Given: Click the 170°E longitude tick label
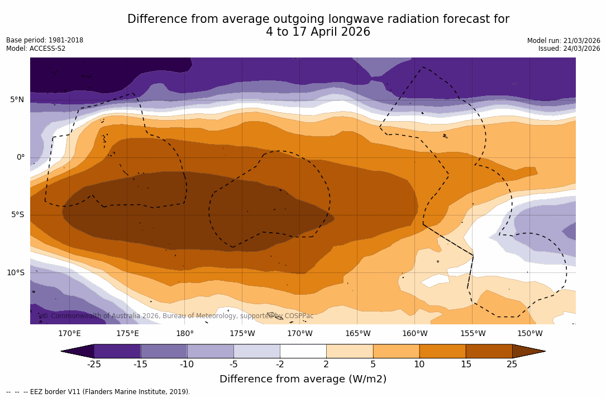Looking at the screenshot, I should click(x=69, y=334).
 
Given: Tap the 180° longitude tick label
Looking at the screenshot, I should click(x=185, y=334).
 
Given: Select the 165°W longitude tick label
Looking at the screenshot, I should click(x=357, y=334).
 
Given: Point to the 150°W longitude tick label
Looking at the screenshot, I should click(x=529, y=334).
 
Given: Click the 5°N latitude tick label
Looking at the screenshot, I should click(x=17, y=100).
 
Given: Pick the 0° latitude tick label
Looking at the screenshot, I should click(x=21, y=157).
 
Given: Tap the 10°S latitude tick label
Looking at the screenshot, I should click(x=15, y=273).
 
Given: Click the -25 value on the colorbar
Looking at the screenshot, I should click(x=94, y=365).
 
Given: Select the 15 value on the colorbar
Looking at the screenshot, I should click(x=465, y=365).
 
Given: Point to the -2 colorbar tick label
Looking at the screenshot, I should click(x=280, y=365).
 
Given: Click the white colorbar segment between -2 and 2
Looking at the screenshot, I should click(x=303, y=351).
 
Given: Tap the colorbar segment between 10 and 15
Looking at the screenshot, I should click(x=442, y=351).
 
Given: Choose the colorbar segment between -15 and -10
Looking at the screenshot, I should click(x=164, y=351).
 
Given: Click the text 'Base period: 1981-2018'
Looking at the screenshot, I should click(x=45, y=40).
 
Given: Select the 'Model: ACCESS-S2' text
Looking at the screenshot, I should click(x=36, y=49).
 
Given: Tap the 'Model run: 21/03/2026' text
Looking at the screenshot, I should click(x=564, y=41).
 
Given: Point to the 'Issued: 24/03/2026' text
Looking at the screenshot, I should click(x=569, y=49).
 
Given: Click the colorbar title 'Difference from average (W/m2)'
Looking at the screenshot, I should click(x=303, y=380).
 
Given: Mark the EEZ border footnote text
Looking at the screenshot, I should click(x=98, y=392).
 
